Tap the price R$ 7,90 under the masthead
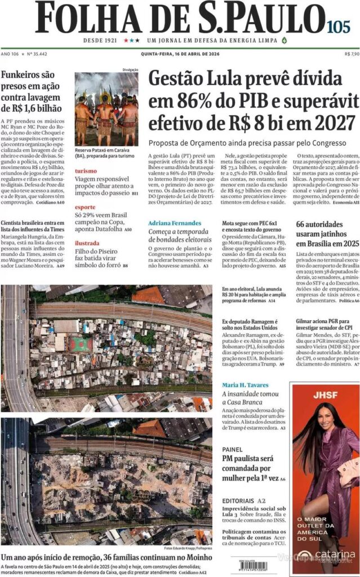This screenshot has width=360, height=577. [351, 54]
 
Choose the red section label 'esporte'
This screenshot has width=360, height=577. [86, 206]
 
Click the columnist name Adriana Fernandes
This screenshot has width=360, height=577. [175, 223]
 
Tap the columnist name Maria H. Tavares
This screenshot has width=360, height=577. [245, 385]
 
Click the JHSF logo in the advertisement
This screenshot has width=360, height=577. [325, 394]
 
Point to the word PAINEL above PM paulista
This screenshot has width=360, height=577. [232, 450]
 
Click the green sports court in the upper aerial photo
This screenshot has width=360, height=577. [81, 345]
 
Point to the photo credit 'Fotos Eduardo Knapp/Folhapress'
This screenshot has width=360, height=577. [188, 548]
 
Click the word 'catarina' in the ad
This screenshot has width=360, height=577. [335, 554]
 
